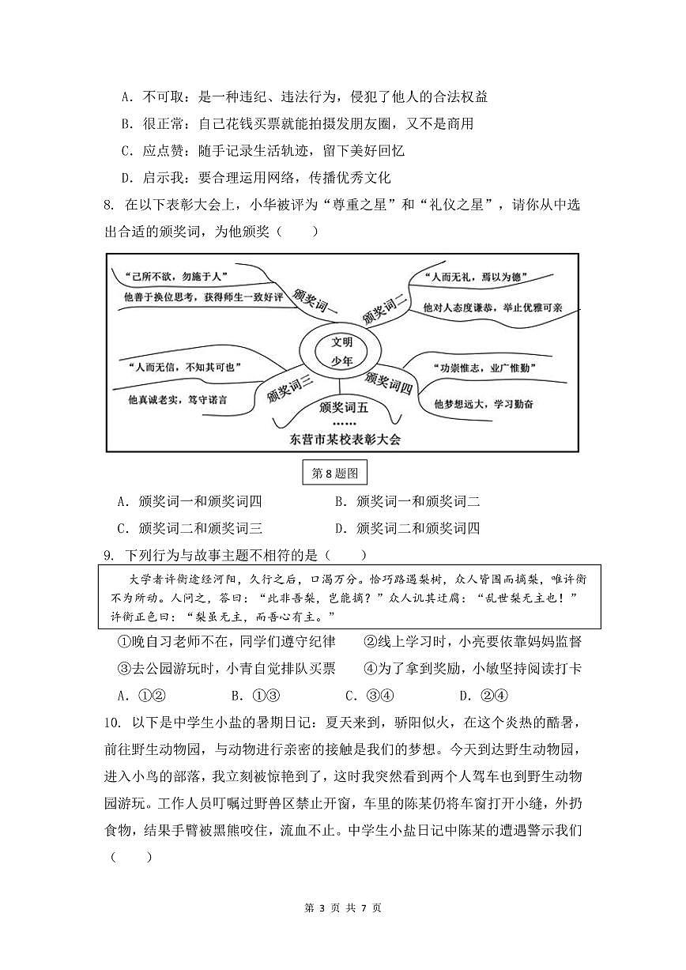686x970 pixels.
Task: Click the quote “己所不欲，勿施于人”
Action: tap(171, 276)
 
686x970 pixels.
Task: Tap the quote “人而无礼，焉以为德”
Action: tap(476, 277)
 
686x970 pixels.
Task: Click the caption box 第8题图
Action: tap(336, 474)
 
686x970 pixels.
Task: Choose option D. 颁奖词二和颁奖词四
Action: tap(407, 528)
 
